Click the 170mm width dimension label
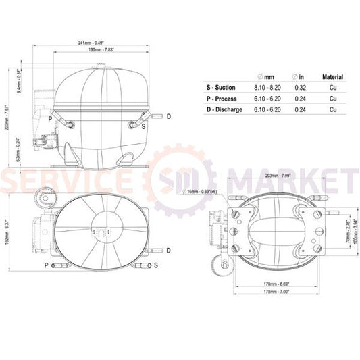pyautogui.click(x=278, y=284)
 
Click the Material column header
pyautogui.click(x=332, y=78)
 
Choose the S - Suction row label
pyautogui.click(x=222, y=88)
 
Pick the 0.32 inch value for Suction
pyautogui.click(x=301, y=88)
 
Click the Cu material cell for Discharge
pyautogui.click(x=332, y=109)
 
